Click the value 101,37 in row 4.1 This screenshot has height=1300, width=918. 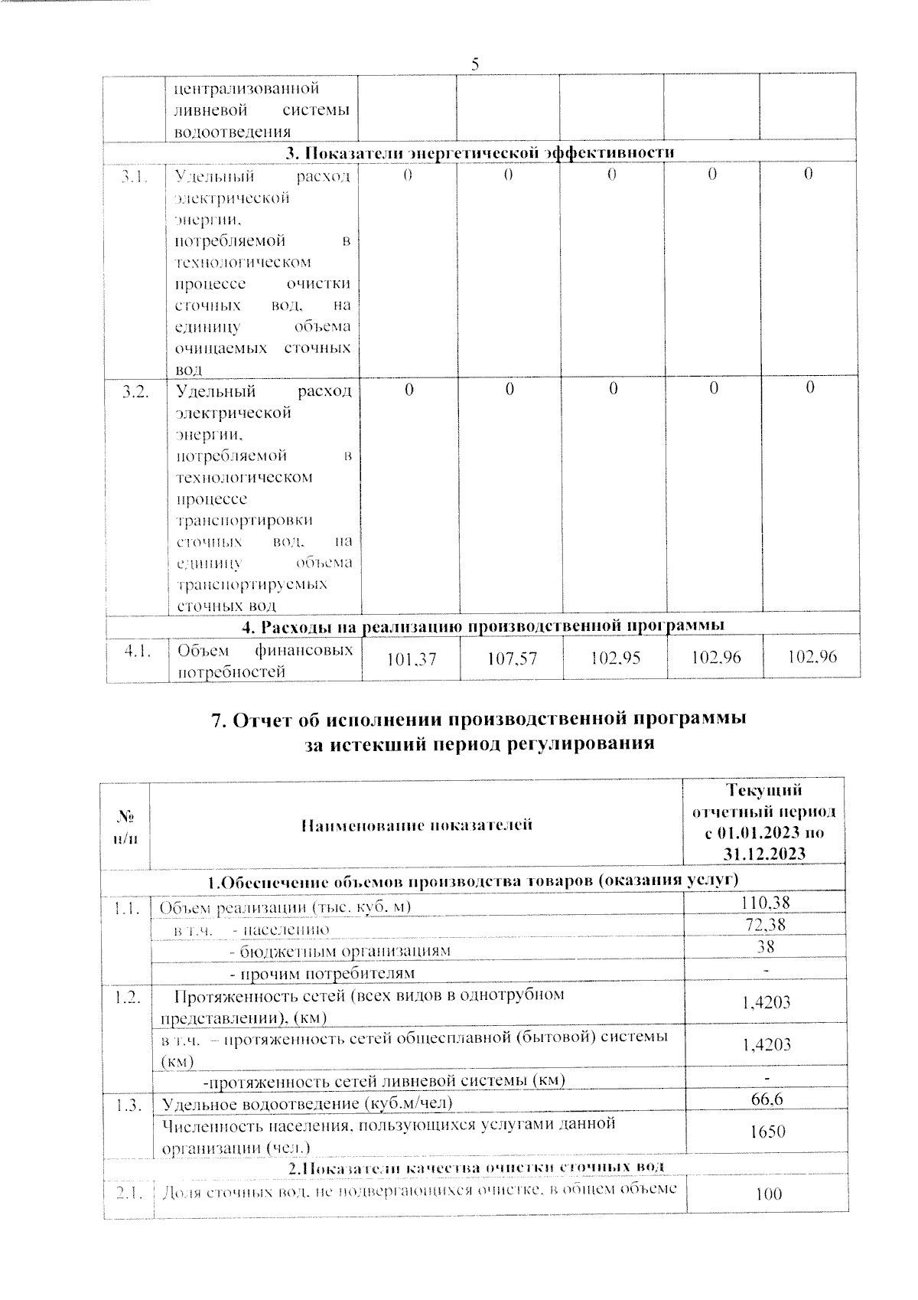412,658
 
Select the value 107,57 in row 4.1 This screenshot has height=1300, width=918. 512,658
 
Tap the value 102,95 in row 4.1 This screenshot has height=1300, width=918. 615,658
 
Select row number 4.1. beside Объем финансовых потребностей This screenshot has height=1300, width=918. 137,651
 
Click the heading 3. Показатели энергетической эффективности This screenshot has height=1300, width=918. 480,152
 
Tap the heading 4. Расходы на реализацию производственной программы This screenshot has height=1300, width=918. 483,626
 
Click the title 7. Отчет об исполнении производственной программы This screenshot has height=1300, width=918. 478,720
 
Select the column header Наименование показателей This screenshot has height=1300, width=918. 416,825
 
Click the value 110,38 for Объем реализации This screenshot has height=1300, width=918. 765,903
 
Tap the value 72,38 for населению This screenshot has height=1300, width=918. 765,925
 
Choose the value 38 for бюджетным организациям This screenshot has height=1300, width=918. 765,946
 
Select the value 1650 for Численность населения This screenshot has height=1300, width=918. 767,1132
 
